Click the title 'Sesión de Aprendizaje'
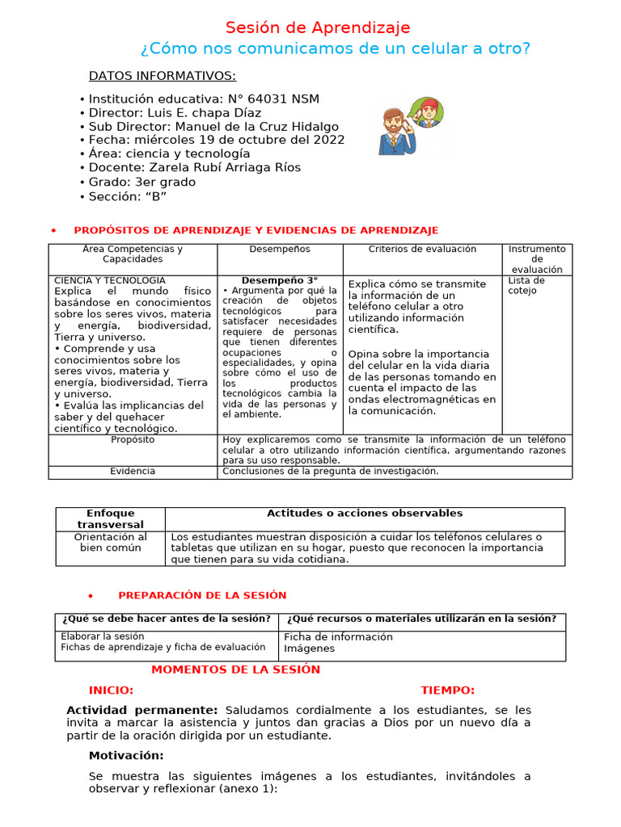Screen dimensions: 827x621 coord(317,27)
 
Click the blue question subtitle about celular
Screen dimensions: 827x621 coord(336,49)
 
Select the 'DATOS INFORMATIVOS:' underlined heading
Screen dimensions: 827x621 coord(162,76)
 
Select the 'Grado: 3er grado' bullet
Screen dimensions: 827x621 coord(142,182)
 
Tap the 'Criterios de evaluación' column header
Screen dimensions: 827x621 coord(422,250)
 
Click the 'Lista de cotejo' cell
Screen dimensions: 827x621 coord(526,286)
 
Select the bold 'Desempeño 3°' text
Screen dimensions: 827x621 coord(280,281)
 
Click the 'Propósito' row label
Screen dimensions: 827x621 coord(133,440)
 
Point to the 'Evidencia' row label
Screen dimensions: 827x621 coord(133,471)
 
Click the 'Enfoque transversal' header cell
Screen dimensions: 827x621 coord(110,518)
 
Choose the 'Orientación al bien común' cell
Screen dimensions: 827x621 coord(110,542)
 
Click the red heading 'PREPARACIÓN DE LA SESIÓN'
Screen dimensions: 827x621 coord(202,595)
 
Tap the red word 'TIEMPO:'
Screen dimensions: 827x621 coord(447,690)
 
